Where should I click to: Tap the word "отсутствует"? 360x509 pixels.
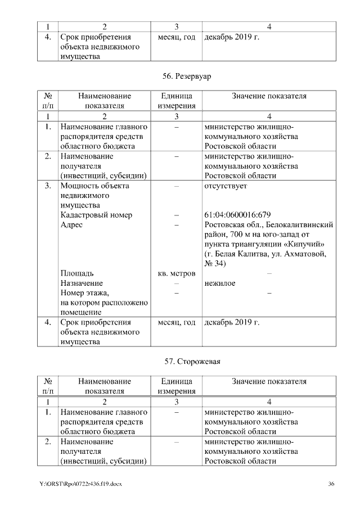point(226,186)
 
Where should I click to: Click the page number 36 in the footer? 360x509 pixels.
point(331,484)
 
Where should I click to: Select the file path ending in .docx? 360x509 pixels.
point(80,484)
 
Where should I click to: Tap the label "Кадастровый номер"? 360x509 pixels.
point(96,215)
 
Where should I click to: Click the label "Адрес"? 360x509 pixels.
point(71,224)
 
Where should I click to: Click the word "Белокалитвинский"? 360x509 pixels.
point(303,224)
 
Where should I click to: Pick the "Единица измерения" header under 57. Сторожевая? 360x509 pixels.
point(177,386)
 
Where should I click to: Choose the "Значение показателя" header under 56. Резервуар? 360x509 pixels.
point(269,96)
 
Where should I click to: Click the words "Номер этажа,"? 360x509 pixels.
point(84,293)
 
